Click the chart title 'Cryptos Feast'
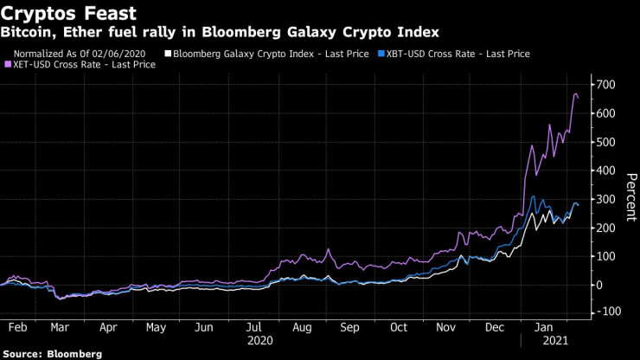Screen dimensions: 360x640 (x=56, y=12)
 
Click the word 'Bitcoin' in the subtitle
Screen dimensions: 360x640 (x=24, y=32)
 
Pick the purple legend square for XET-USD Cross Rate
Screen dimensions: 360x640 (x=8, y=65)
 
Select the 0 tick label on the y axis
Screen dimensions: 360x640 (x=597, y=285)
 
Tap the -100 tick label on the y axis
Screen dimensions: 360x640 (x=602, y=311)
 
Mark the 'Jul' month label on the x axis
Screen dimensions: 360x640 (x=253, y=328)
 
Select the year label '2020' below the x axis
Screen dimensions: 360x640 (x=260, y=341)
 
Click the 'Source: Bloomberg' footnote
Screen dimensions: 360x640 (x=52, y=354)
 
